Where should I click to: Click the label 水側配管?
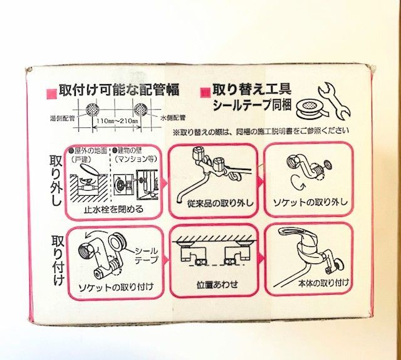coord(174,117)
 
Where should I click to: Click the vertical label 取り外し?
coord(56,179)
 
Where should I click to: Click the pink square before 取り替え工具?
coord(204,92)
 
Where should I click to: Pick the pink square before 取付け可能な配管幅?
coord(51,92)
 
